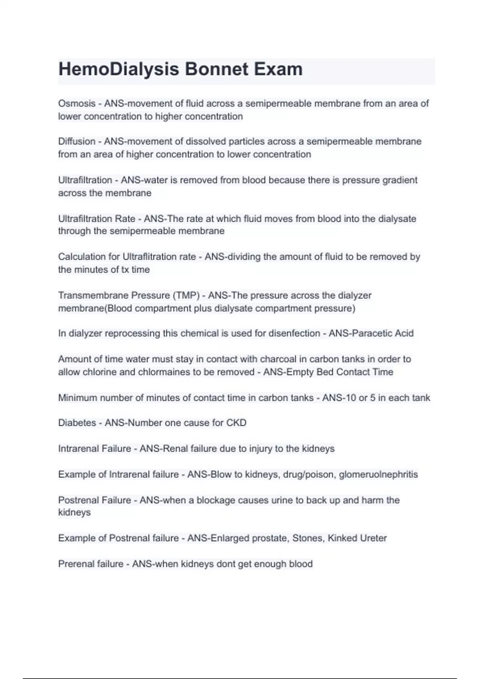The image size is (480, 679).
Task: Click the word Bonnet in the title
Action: pyautogui.click(x=216, y=69)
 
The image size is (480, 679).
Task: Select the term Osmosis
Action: pyautogui.click(x=77, y=103)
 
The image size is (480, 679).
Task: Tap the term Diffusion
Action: pyautogui.click(x=77, y=141)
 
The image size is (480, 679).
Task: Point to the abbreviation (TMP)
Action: pyautogui.click(x=186, y=296)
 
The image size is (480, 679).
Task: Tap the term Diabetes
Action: pyautogui.click(x=77, y=423)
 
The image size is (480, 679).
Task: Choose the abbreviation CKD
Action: pyautogui.click(x=236, y=423)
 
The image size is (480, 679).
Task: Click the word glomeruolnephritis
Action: pyautogui.click(x=378, y=475)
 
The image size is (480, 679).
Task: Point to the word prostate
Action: pyautogui.click(x=270, y=538)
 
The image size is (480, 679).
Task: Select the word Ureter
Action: pyautogui.click(x=373, y=538)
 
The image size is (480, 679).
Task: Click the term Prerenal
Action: pyautogui.click(x=74, y=564)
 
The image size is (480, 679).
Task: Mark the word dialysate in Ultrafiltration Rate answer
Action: pyautogui.click(x=397, y=219)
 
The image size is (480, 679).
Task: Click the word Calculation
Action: pyautogui.click(x=83, y=257)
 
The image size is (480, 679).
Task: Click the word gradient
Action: pyautogui.click(x=400, y=180)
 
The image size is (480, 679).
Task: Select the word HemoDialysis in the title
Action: pyautogui.click(x=119, y=69)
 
